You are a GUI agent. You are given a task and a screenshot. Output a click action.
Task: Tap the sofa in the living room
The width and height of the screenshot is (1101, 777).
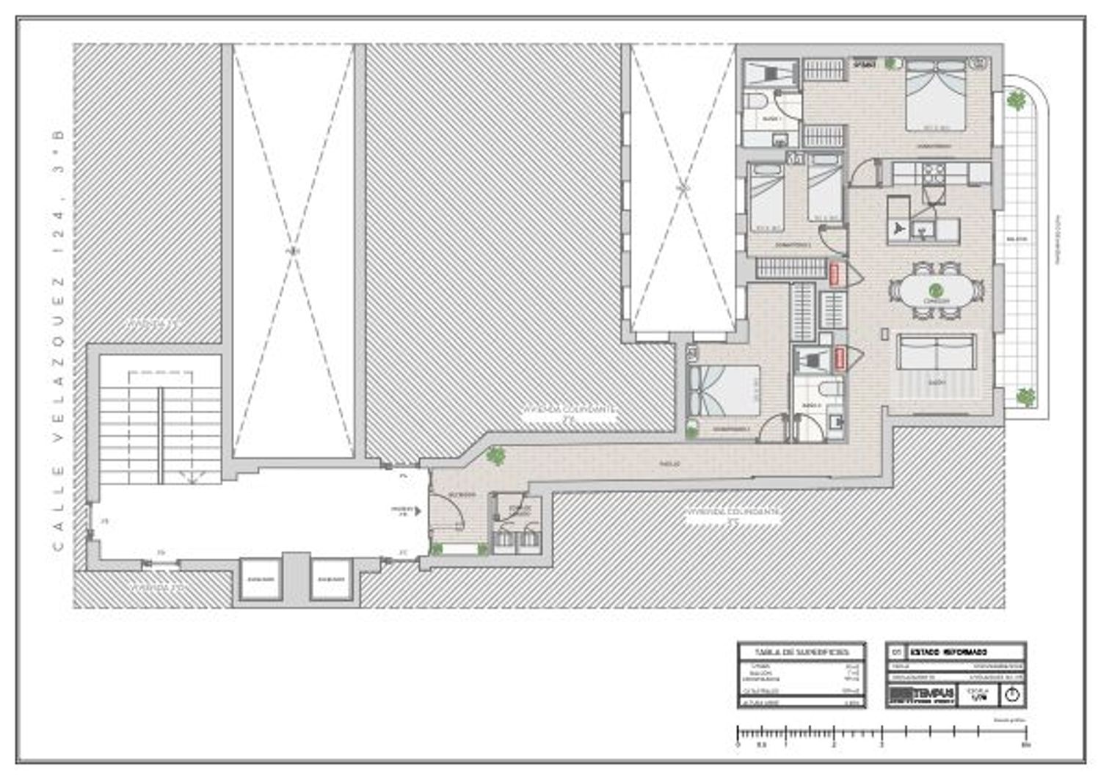[x=936, y=353]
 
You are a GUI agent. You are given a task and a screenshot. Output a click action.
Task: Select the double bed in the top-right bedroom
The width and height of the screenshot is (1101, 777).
[x=935, y=96]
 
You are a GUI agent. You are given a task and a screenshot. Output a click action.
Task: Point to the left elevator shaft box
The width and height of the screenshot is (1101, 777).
[x=261, y=579]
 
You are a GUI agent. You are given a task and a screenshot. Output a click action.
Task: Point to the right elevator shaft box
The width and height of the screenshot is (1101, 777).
[x=331, y=579]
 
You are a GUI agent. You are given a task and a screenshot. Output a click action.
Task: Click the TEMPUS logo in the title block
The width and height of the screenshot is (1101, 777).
[x=922, y=694]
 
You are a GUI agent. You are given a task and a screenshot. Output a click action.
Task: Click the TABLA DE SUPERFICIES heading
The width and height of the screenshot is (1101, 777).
[x=801, y=652]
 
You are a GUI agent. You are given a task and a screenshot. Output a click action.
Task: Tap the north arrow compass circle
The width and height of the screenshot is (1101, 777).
[x=1011, y=694]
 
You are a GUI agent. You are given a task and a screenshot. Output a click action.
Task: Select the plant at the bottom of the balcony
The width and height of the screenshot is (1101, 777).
[x=1025, y=397]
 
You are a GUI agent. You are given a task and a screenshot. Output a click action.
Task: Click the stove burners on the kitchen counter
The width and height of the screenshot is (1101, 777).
[x=934, y=173]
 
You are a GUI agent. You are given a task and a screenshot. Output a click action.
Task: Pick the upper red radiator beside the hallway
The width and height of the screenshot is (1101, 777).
[x=835, y=274]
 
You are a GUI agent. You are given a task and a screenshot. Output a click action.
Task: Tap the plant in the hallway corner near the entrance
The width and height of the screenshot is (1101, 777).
[x=496, y=456]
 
